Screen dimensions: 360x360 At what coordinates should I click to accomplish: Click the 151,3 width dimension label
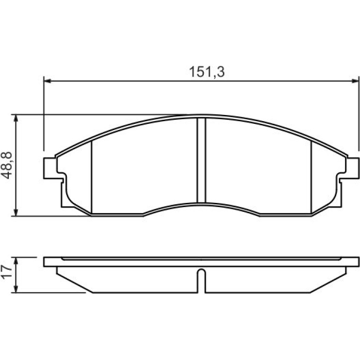coord(207,72)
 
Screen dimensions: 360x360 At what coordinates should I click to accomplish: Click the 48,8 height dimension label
coord(7,165)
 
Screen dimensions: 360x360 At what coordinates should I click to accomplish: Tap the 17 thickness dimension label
coord(7,272)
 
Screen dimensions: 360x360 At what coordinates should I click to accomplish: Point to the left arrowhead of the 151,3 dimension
coord(47,81)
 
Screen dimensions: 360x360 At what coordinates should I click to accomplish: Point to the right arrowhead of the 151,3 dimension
coord(355,81)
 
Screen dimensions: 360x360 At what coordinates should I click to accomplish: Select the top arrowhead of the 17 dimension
coord(15,261)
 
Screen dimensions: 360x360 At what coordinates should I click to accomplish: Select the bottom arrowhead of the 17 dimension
coord(15,289)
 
